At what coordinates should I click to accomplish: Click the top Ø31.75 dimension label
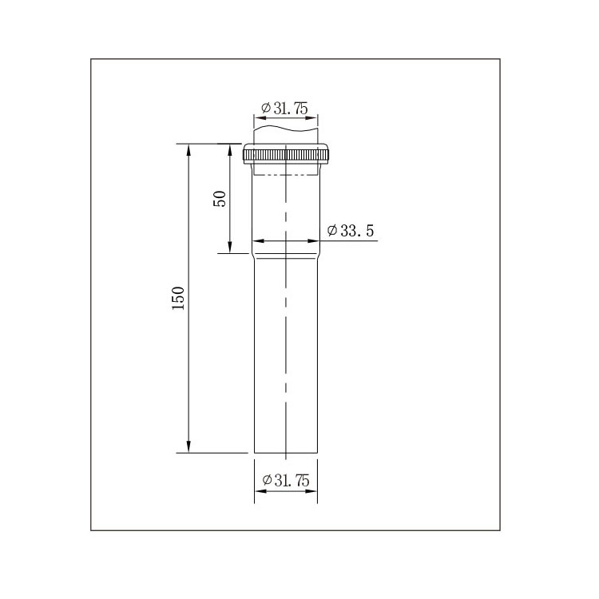284,109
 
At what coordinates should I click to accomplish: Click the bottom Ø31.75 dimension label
286,480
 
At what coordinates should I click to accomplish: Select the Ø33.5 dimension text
351,231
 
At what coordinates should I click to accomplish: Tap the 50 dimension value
220,199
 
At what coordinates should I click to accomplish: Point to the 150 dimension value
178,298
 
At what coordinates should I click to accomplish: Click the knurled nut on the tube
286,154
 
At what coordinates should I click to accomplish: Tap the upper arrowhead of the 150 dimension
188,150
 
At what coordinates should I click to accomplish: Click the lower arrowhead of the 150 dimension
188,446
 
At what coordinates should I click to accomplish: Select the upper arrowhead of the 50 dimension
229,150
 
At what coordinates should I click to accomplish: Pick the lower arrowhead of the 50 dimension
229,247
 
